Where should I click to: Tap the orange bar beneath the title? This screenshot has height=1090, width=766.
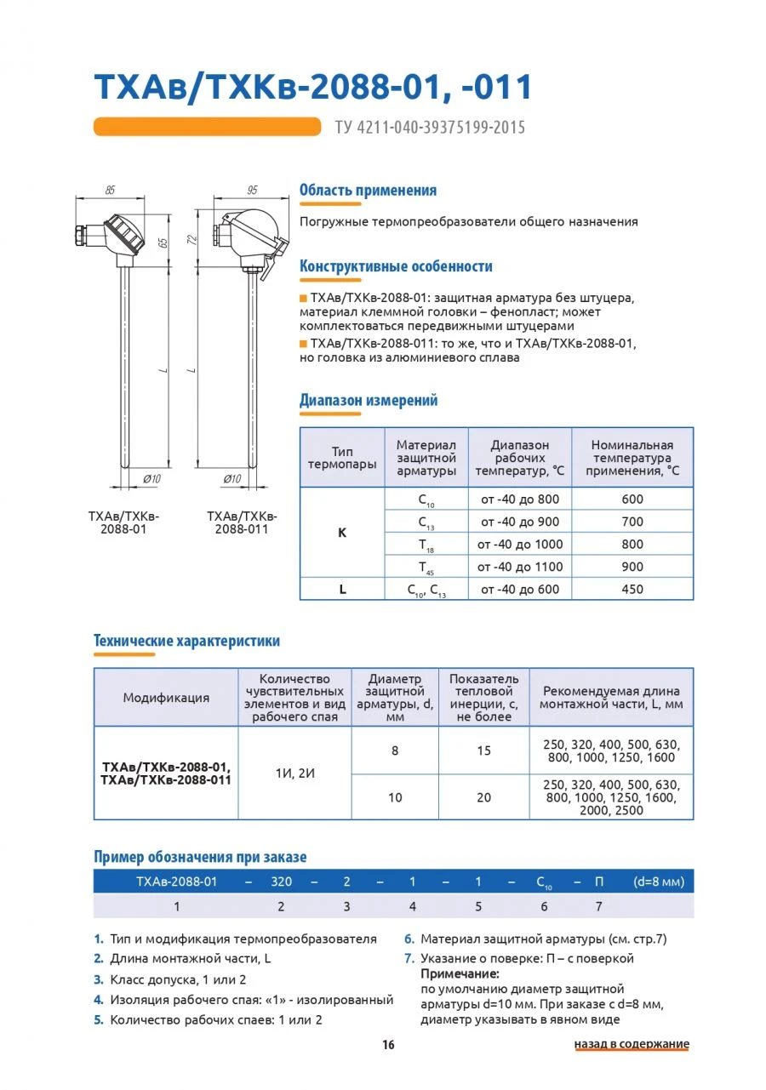click(x=207, y=127)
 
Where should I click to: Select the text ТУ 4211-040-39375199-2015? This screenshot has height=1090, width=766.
click(x=430, y=128)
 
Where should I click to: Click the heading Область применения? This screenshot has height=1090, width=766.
click(x=368, y=191)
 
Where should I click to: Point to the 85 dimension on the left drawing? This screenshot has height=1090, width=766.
click(x=110, y=191)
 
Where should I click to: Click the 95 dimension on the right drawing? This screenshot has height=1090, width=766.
click(x=251, y=191)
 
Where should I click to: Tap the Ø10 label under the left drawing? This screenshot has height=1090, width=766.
click(x=151, y=479)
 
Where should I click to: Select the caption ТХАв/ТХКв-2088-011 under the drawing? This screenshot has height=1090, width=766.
click(x=242, y=522)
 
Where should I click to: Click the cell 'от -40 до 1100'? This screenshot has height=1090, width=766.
click(x=520, y=567)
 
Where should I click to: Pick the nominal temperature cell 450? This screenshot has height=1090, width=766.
click(x=632, y=589)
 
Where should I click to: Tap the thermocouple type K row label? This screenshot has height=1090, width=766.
click(x=342, y=533)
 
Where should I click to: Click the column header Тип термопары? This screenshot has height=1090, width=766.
click(x=342, y=458)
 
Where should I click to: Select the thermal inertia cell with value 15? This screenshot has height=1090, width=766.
click(x=483, y=750)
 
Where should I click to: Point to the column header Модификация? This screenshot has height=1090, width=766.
click(x=166, y=698)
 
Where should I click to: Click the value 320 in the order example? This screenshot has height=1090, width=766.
click(x=281, y=882)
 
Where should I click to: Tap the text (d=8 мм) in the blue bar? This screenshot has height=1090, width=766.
click(x=658, y=882)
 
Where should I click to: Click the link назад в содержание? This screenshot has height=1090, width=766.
click(x=632, y=1044)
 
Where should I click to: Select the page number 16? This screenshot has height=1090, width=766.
click(x=388, y=1045)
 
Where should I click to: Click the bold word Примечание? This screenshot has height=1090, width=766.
click(x=460, y=973)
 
